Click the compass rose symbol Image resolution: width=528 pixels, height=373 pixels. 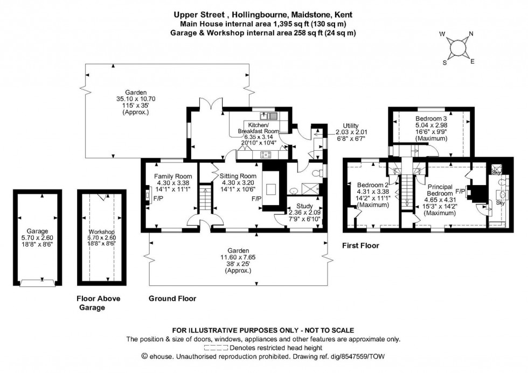coord(457,48)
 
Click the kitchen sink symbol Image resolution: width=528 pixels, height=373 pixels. coord(268,116)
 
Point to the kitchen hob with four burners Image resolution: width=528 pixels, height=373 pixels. coord(266,155)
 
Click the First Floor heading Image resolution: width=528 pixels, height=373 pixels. coord(360,246)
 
